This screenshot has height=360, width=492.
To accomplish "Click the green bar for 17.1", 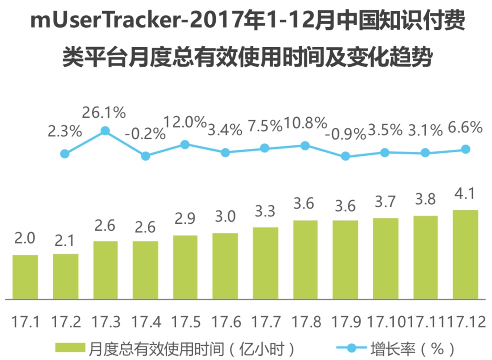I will tap(25, 277).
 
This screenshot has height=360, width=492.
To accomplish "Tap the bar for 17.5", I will tap(185, 267).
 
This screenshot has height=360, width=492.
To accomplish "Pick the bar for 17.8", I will tap(305, 260).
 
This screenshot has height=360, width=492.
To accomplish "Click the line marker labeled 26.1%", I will tap(105, 131).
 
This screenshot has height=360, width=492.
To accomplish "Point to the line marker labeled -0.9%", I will tap(345, 156).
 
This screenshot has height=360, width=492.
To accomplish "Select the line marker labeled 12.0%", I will tap(185, 145).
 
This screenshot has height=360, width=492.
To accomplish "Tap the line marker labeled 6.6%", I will tap(466, 149).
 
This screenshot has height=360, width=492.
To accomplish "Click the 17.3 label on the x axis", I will tap(105, 322).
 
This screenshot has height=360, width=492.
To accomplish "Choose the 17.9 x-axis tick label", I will tap(346, 322).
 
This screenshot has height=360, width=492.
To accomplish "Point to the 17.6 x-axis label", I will tap(225, 322).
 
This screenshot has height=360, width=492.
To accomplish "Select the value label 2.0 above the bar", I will tap(25, 238).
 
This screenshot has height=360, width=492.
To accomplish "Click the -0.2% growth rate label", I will tap(145, 134).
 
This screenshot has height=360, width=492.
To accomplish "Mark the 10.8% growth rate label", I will tap(305, 124).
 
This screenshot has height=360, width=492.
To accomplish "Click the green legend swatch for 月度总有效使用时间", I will tap(71, 347).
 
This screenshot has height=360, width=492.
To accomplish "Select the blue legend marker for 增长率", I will tap(351, 347).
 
